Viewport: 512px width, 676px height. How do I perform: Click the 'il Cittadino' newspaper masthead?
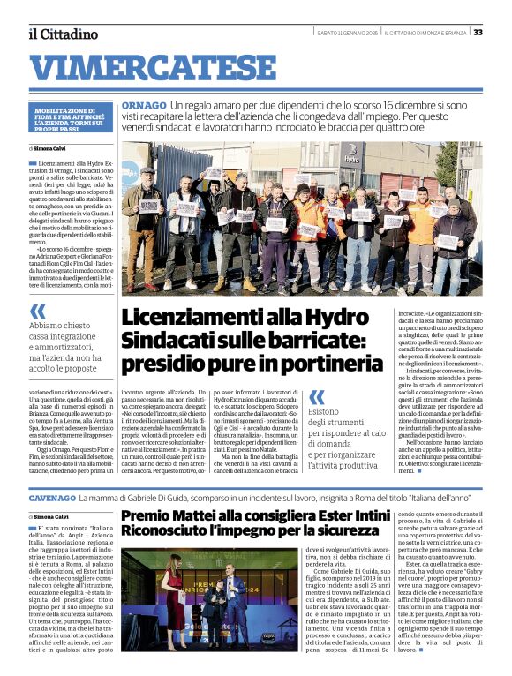(63, 34)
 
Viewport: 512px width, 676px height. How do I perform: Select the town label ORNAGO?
(140, 105)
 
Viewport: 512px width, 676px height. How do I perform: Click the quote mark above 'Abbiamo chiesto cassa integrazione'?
(37, 311)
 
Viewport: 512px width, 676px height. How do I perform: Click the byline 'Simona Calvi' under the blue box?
(63, 149)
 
